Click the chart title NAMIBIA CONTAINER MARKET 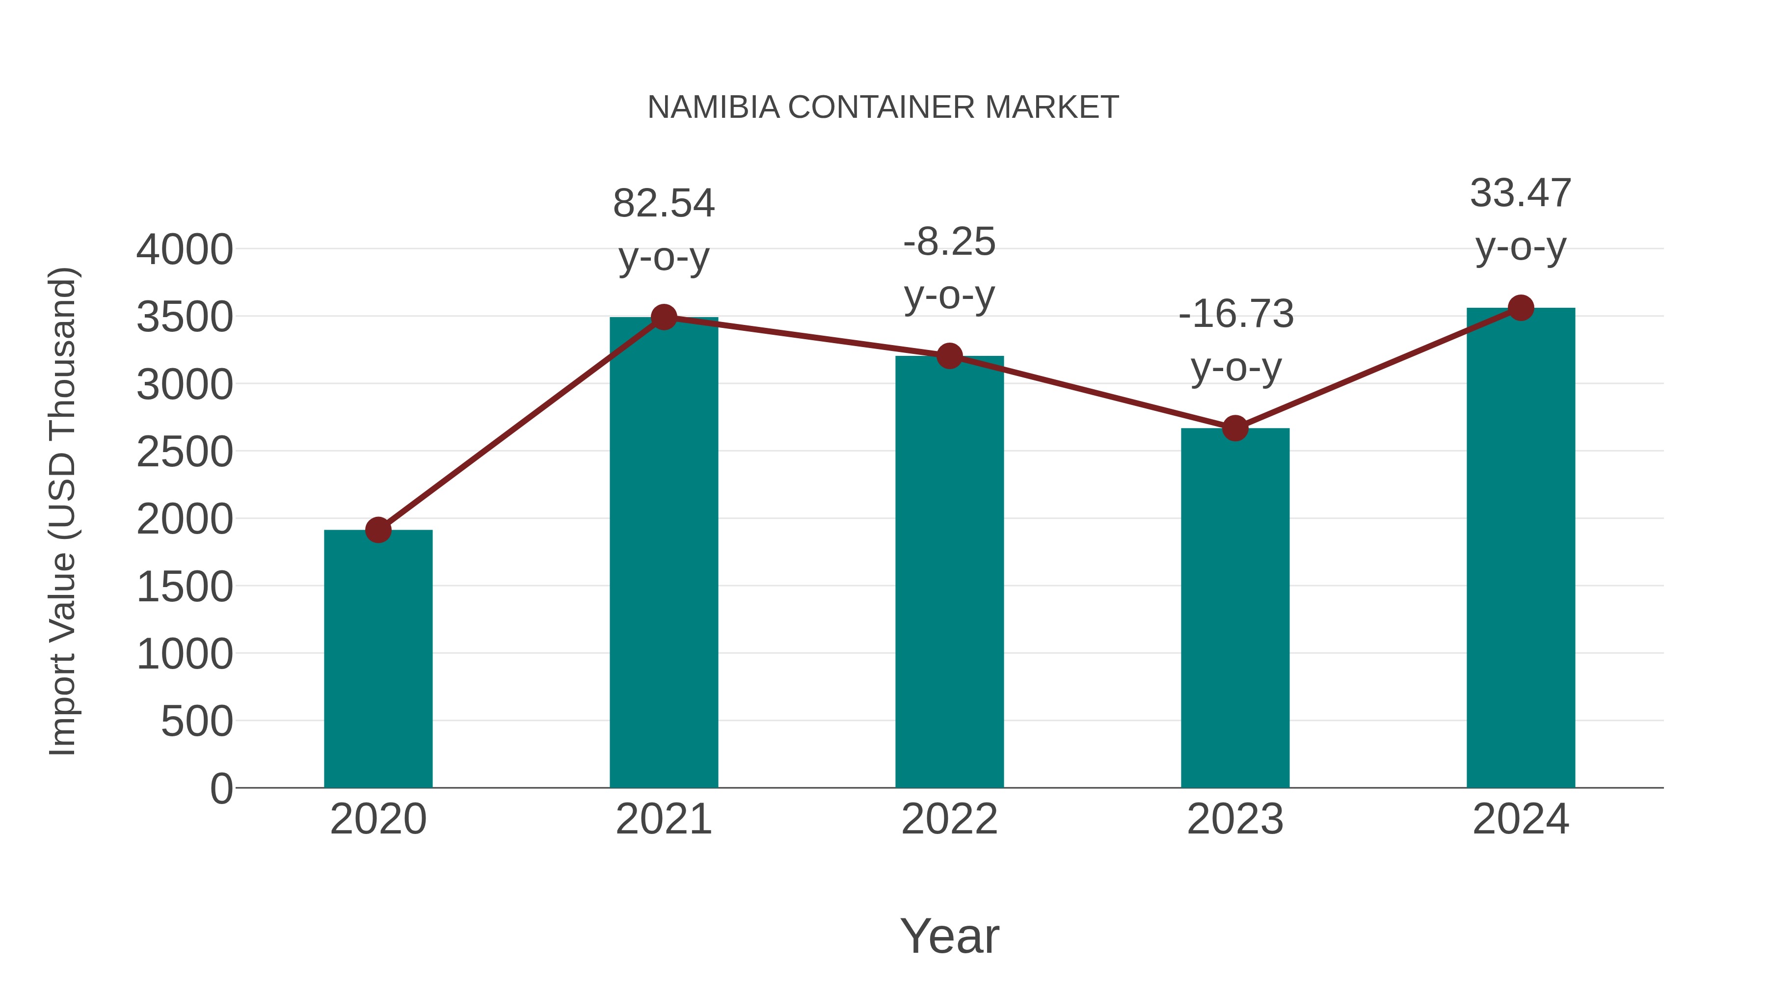[x=883, y=107]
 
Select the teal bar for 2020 [x=378, y=659]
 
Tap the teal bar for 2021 [x=663, y=552]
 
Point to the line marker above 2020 [x=378, y=530]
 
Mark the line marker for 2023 [x=1235, y=428]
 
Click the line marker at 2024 [x=1521, y=308]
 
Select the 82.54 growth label [x=663, y=204]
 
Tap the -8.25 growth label [x=949, y=242]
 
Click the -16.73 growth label [x=1235, y=314]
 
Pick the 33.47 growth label [x=1521, y=193]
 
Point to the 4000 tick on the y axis [x=185, y=250]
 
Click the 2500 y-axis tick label [x=185, y=452]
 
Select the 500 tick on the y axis [x=197, y=722]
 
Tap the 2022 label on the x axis [x=949, y=819]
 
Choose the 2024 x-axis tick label [x=1521, y=819]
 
